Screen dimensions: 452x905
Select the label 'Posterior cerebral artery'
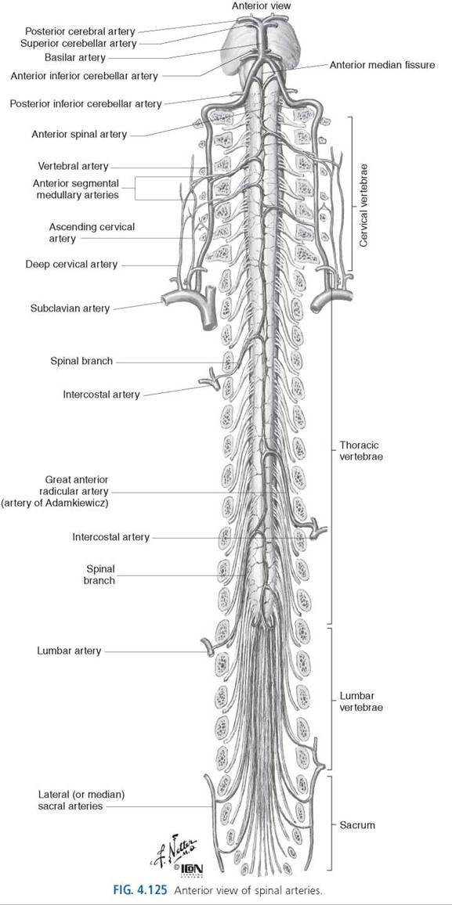point(80,31)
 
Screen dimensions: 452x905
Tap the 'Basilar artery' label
point(75,57)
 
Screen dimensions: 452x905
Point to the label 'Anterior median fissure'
point(381,65)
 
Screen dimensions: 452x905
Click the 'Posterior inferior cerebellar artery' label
point(85,104)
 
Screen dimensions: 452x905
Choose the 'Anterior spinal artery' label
point(79,135)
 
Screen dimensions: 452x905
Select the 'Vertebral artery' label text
point(73,166)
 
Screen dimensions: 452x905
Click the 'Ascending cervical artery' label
point(92,233)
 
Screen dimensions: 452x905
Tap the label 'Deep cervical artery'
point(71,265)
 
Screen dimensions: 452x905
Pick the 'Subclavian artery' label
point(70,308)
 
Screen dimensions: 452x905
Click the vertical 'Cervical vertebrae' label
point(363,204)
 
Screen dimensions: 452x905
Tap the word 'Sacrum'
point(356,825)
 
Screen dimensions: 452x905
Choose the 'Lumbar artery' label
point(69,651)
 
